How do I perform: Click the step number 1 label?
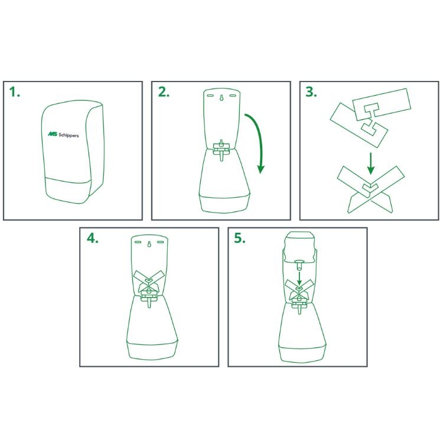click(x=14, y=92)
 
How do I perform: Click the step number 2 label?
click(x=164, y=92)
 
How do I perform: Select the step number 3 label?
click(x=311, y=92)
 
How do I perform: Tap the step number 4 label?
click(x=92, y=239)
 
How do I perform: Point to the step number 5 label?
click(x=240, y=239)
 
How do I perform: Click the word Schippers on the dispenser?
click(x=69, y=135)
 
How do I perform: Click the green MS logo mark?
click(x=52, y=134)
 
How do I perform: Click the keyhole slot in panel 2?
click(x=221, y=97)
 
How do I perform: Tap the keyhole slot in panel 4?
click(x=149, y=244)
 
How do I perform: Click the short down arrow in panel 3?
click(x=371, y=163)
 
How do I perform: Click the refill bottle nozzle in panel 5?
click(x=299, y=265)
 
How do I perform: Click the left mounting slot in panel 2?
click(x=210, y=96)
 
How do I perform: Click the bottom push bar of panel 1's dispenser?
click(x=69, y=189)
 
